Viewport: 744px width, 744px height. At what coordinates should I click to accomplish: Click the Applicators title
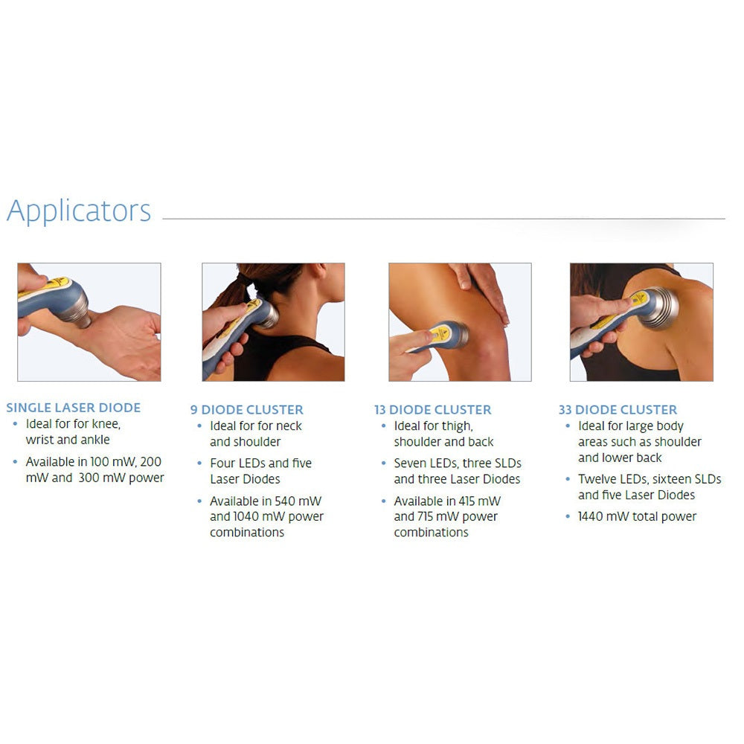pos(79,211)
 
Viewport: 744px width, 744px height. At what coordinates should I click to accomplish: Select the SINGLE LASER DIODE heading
pos(73,408)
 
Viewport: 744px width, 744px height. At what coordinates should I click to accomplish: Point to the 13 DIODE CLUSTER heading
pos(432,410)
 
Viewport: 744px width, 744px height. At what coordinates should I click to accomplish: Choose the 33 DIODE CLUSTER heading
pos(618,410)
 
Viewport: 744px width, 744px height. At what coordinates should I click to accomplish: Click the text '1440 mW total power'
pos(637,516)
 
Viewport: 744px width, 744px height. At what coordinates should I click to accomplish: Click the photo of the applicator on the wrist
pos(89,321)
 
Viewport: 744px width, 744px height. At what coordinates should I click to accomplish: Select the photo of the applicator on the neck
pos(273,321)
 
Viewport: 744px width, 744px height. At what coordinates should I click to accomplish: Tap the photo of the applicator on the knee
pos(460,321)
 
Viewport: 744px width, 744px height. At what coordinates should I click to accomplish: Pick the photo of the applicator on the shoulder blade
pos(641,321)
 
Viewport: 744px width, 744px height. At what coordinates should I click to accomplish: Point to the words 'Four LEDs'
pos(238,463)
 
